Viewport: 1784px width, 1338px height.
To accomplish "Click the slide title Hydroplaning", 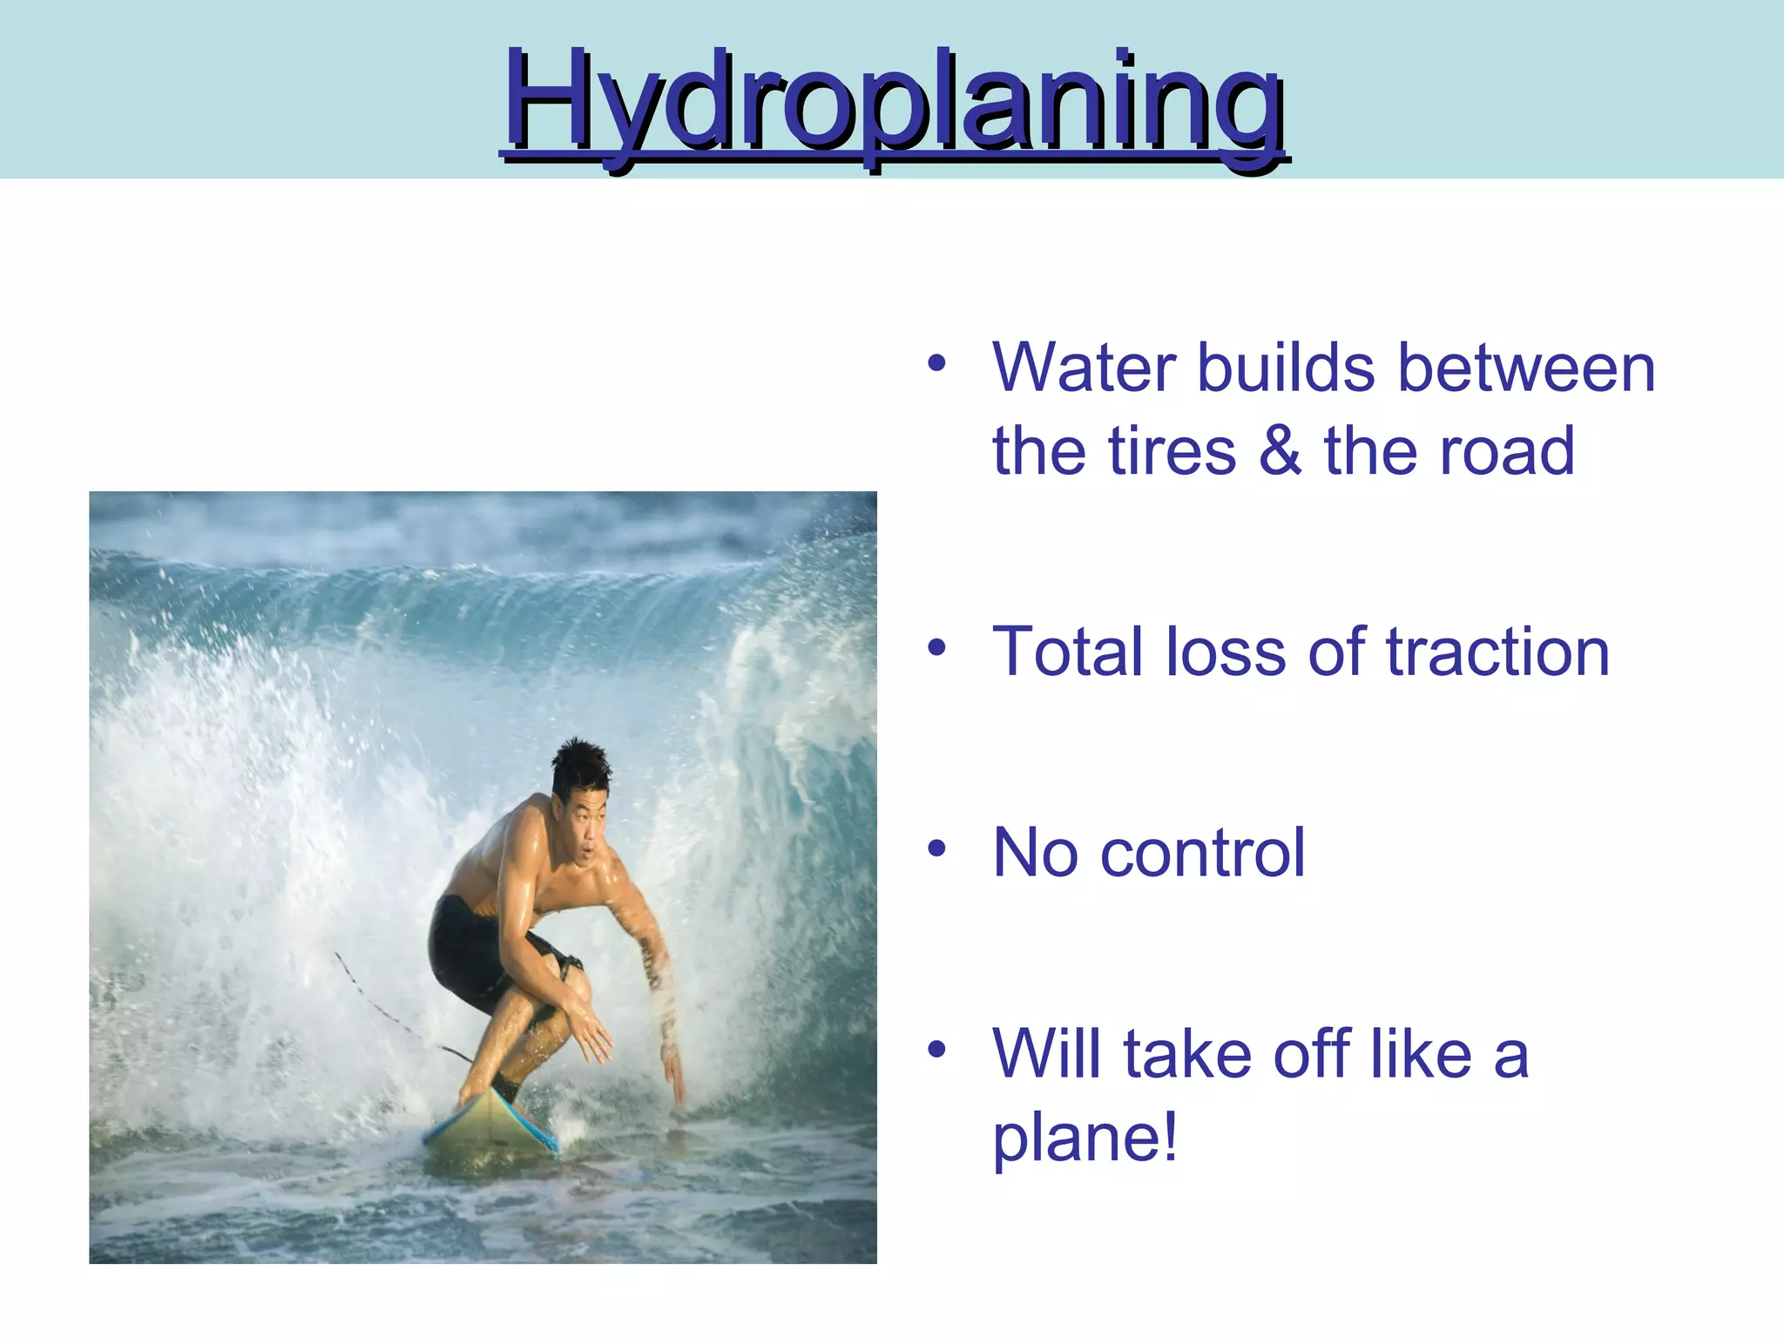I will pos(894,103).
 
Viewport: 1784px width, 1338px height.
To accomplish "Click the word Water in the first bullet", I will pos(1084,368).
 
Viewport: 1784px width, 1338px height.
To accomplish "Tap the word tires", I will pos(1172,451).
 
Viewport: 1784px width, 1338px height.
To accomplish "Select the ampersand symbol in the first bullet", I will pos(1279,451).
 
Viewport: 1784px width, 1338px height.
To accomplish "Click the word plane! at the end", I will pos(1085,1139).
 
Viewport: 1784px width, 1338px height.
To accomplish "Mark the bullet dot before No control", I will pos(936,848).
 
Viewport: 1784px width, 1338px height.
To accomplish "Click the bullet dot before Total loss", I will pos(936,648).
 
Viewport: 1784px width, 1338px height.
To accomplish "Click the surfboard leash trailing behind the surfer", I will pos(383,1010).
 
